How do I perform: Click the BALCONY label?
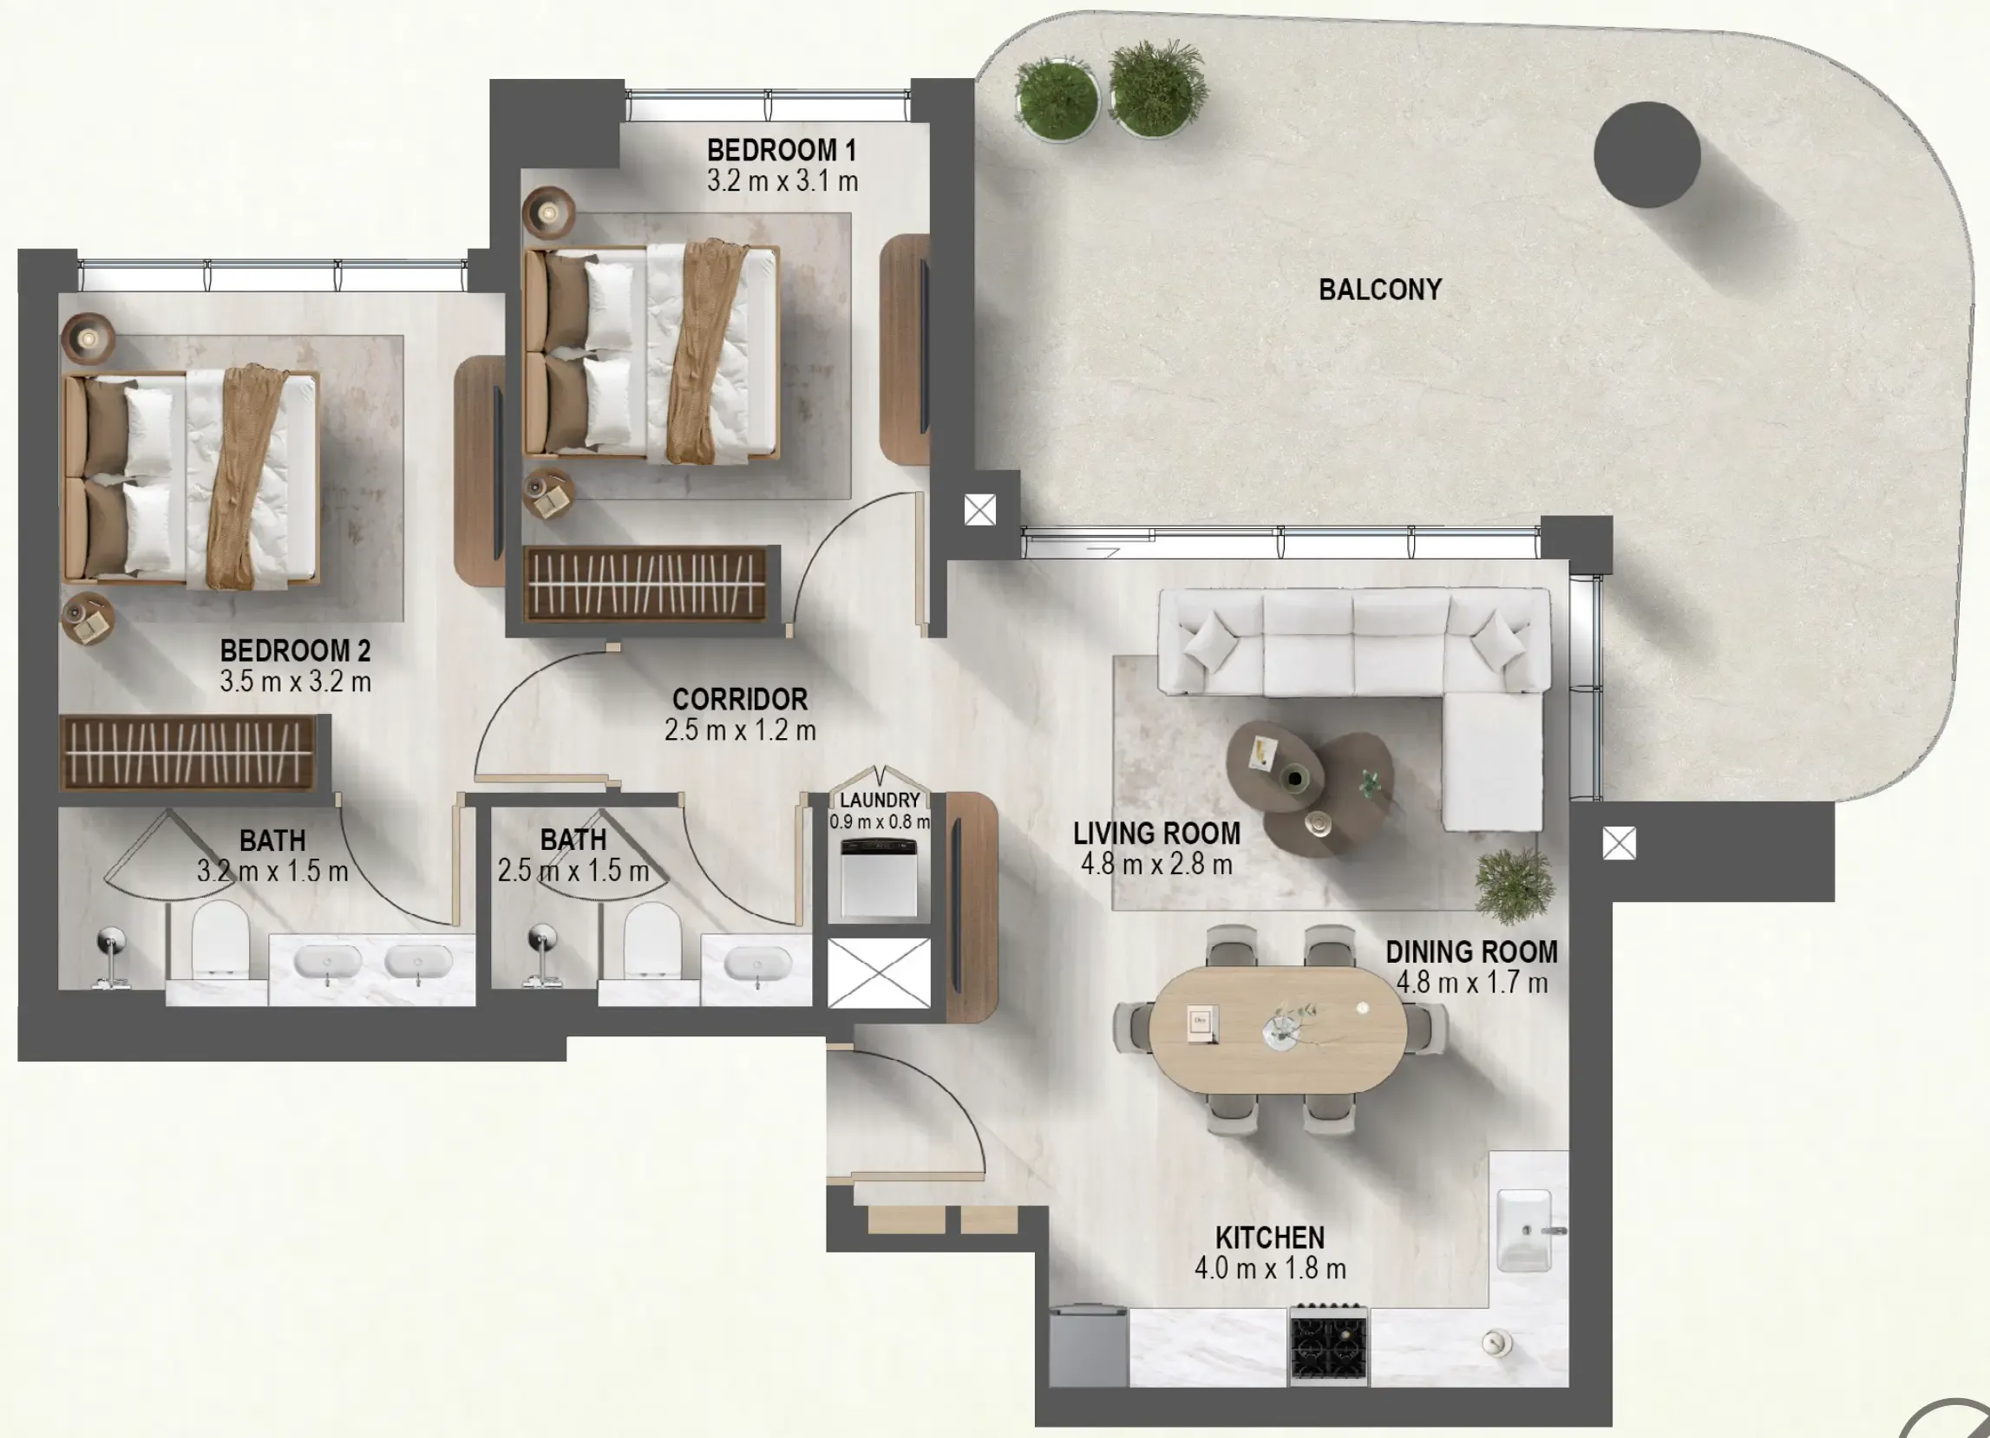pyautogui.click(x=1379, y=290)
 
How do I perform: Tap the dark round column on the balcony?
pyautogui.click(x=1647, y=154)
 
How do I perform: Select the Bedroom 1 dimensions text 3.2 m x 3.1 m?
pyautogui.click(x=782, y=181)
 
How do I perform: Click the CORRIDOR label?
pyautogui.click(x=740, y=699)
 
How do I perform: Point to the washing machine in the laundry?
pyautogui.click(x=878, y=878)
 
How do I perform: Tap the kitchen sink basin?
pyautogui.click(x=1524, y=1228)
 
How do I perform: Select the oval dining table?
pyautogui.click(x=1278, y=1029)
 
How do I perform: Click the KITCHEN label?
pyautogui.click(x=1270, y=1237)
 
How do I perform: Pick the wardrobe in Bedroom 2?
pyautogui.click(x=187, y=753)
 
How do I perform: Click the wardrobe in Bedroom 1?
pyautogui.click(x=645, y=584)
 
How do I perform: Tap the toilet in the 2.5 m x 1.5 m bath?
pyautogui.click(x=652, y=938)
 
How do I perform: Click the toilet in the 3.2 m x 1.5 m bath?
pyautogui.click(x=220, y=938)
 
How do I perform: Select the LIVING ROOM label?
pyautogui.click(x=1156, y=833)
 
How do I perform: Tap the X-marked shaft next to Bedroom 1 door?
pyautogui.click(x=979, y=509)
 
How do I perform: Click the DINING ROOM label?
pyautogui.click(x=1471, y=952)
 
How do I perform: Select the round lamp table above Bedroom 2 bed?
pyautogui.click(x=88, y=337)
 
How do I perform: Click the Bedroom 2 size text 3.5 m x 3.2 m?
pyautogui.click(x=295, y=682)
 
